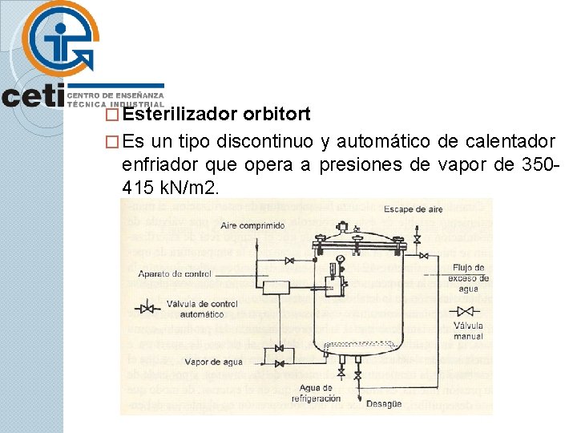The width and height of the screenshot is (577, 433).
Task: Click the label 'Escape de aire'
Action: pyautogui.click(x=413, y=209)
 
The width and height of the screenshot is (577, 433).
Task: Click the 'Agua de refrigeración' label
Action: pyautogui.click(x=317, y=393)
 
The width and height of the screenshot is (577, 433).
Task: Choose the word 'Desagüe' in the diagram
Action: pyautogui.click(x=384, y=404)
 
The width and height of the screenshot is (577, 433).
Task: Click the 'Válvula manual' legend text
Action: pyautogui.click(x=467, y=331)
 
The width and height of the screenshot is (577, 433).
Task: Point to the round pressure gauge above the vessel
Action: pyautogui.click(x=341, y=259)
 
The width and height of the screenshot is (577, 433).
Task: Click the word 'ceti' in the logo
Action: pyautogui.click(x=32, y=96)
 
